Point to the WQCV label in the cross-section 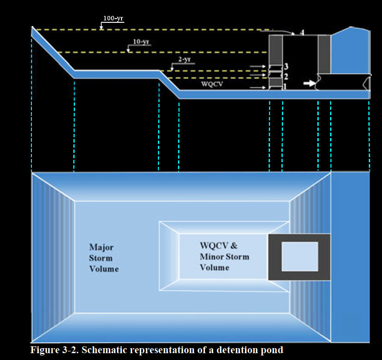pyautogui.click(x=210, y=84)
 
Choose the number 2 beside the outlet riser pyautogui.click(x=286, y=76)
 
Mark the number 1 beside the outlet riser pyautogui.click(x=285, y=86)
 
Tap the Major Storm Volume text pyautogui.click(x=104, y=258)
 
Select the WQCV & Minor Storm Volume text pyautogui.click(x=224, y=256)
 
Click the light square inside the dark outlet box pyautogui.click(x=300, y=257)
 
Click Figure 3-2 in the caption pyautogui.click(x=50, y=350)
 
